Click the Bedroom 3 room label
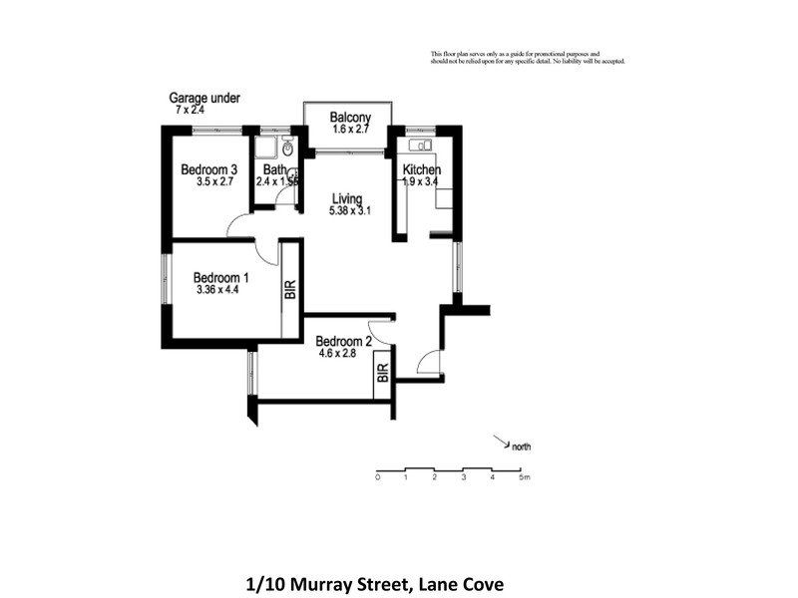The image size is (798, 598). point(208,169)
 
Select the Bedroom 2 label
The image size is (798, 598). point(345,341)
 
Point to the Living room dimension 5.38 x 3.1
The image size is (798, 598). point(349,211)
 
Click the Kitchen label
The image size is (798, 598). point(422,169)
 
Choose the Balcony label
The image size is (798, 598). point(350,117)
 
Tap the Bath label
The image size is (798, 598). point(273,169)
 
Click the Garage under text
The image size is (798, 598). point(203,98)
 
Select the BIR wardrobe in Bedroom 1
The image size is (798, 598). point(290,290)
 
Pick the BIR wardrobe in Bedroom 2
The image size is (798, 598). point(383,376)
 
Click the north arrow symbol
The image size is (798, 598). point(499,440)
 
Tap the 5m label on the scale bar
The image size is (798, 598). point(525,478)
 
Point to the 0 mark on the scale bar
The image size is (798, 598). point(378,478)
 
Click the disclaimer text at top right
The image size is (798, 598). point(527,57)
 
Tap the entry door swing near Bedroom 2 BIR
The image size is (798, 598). point(428,363)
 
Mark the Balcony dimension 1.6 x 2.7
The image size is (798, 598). point(350,130)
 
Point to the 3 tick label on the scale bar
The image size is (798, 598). point(464,478)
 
